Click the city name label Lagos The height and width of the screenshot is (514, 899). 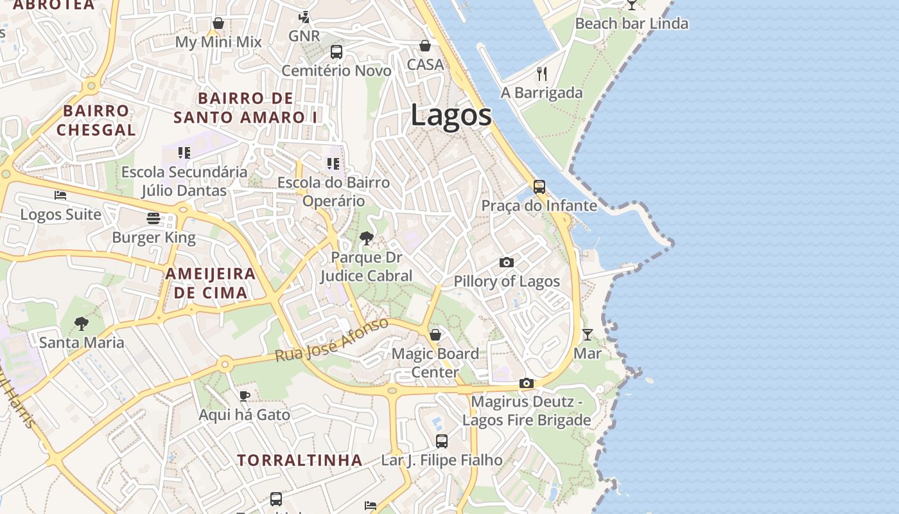tap(451, 116)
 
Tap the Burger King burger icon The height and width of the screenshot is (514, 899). tap(153, 218)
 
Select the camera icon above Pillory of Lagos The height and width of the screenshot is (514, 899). tap(507, 262)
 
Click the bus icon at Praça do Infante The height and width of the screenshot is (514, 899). tap(539, 187)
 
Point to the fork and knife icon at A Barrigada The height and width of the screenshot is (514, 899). tap(542, 74)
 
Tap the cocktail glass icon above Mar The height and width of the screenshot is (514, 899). tap(588, 334)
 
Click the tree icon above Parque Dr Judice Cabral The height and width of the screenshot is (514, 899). tap(367, 239)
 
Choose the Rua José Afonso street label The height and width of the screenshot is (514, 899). tap(332, 339)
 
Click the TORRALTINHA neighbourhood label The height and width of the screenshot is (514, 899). tap(300, 460)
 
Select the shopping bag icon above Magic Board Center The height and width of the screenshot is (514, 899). tap(435, 335)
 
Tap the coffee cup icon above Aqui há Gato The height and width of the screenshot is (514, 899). tap(244, 396)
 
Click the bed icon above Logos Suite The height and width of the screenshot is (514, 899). tap(60, 195)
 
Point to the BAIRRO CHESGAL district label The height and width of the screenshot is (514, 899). tap(96, 120)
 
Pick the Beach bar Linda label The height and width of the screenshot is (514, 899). tap(631, 24)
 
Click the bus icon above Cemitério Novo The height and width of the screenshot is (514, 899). tap(336, 52)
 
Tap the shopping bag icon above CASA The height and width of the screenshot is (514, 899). tap(425, 46)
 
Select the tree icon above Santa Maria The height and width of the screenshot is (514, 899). tap(81, 323)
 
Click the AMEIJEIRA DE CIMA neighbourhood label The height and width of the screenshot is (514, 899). tap(210, 283)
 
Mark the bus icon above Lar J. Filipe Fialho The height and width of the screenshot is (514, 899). tap(442, 441)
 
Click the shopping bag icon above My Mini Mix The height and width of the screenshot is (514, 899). tap(218, 23)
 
